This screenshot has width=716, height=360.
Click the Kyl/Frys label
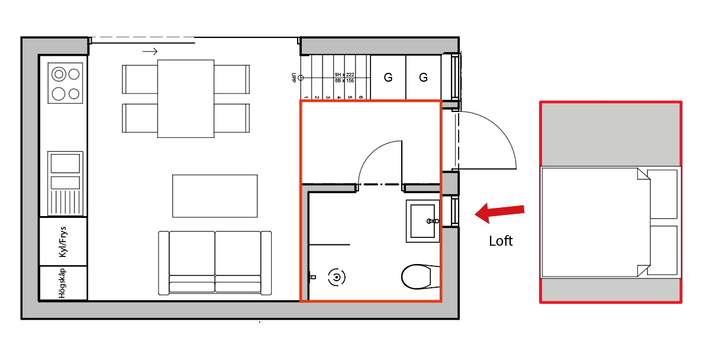(x=63, y=242)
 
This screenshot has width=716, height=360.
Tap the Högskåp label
(x=62, y=283)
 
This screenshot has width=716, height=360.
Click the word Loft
(x=501, y=241)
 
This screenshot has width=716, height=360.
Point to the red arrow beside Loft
(x=499, y=213)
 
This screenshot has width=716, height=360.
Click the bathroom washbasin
(x=422, y=221)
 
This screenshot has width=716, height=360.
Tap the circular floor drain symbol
(x=337, y=277)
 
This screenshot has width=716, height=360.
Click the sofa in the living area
(x=215, y=263)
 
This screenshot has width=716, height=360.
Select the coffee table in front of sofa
(x=215, y=196)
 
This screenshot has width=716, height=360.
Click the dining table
(x=186, y=99)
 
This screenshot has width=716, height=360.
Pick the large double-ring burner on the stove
(x=59, y=75)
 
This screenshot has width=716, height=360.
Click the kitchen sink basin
(x=65, y=163)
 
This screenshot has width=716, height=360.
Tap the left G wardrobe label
(x=388, y=78)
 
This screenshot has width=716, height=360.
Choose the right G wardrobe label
(x=423, y=78)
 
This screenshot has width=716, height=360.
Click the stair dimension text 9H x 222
(x=344, y=75)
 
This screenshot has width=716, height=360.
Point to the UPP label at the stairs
(x=294, y=78)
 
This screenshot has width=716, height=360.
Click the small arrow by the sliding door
(x=150, y=52)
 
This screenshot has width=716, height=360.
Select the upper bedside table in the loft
(x=662, y=194)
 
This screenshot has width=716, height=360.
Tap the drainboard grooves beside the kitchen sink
(x=65, y=202)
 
